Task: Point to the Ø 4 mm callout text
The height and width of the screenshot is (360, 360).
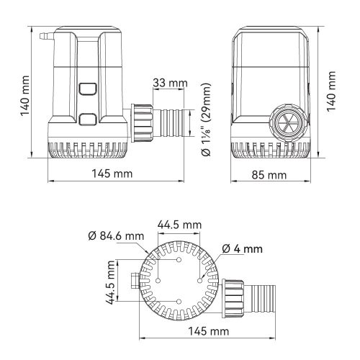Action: (x=243, y=248)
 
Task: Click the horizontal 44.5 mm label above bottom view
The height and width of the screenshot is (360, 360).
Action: (x=180, y=225)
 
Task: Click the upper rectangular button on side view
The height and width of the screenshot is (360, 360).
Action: (x=89, y=91)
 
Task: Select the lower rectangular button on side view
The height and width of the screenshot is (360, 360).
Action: (x=89, y=120)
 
